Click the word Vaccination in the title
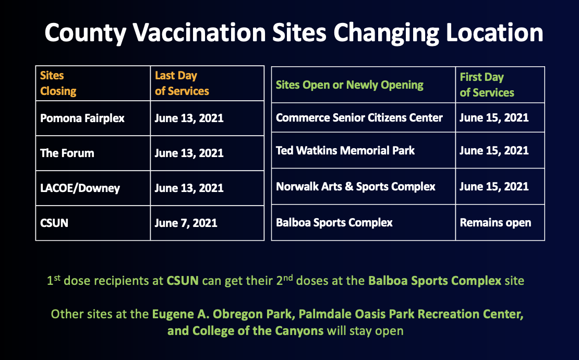199,32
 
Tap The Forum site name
67,153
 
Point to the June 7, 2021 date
186,223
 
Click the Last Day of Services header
182,83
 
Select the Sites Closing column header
58,83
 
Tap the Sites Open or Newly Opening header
349,85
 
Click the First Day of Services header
487,85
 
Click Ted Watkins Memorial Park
345,150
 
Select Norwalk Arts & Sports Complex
356,186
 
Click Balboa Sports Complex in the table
334,223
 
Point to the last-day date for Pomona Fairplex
189,118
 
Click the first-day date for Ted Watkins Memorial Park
494,150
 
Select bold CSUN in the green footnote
183,281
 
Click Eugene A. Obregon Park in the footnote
222,314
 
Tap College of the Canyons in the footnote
258,330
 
